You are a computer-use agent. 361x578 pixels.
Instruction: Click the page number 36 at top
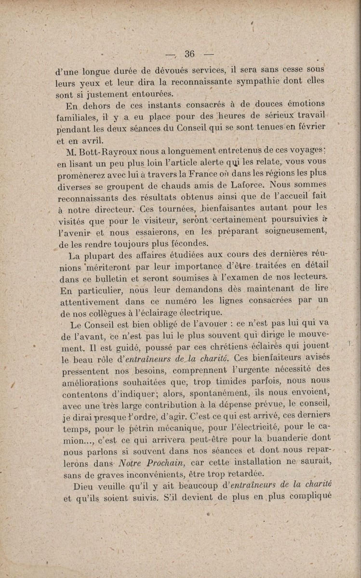coord(189,54)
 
